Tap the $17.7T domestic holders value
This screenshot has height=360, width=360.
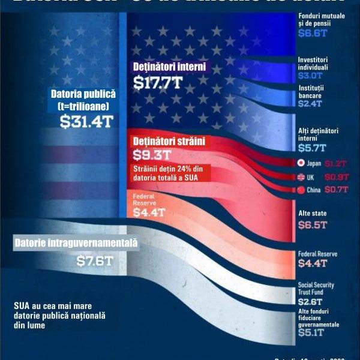(158, 83)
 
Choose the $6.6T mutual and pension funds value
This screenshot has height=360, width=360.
(311, 33)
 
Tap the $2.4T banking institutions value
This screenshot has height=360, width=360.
(311, 103)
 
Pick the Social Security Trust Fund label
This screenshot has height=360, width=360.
(316, 289)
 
